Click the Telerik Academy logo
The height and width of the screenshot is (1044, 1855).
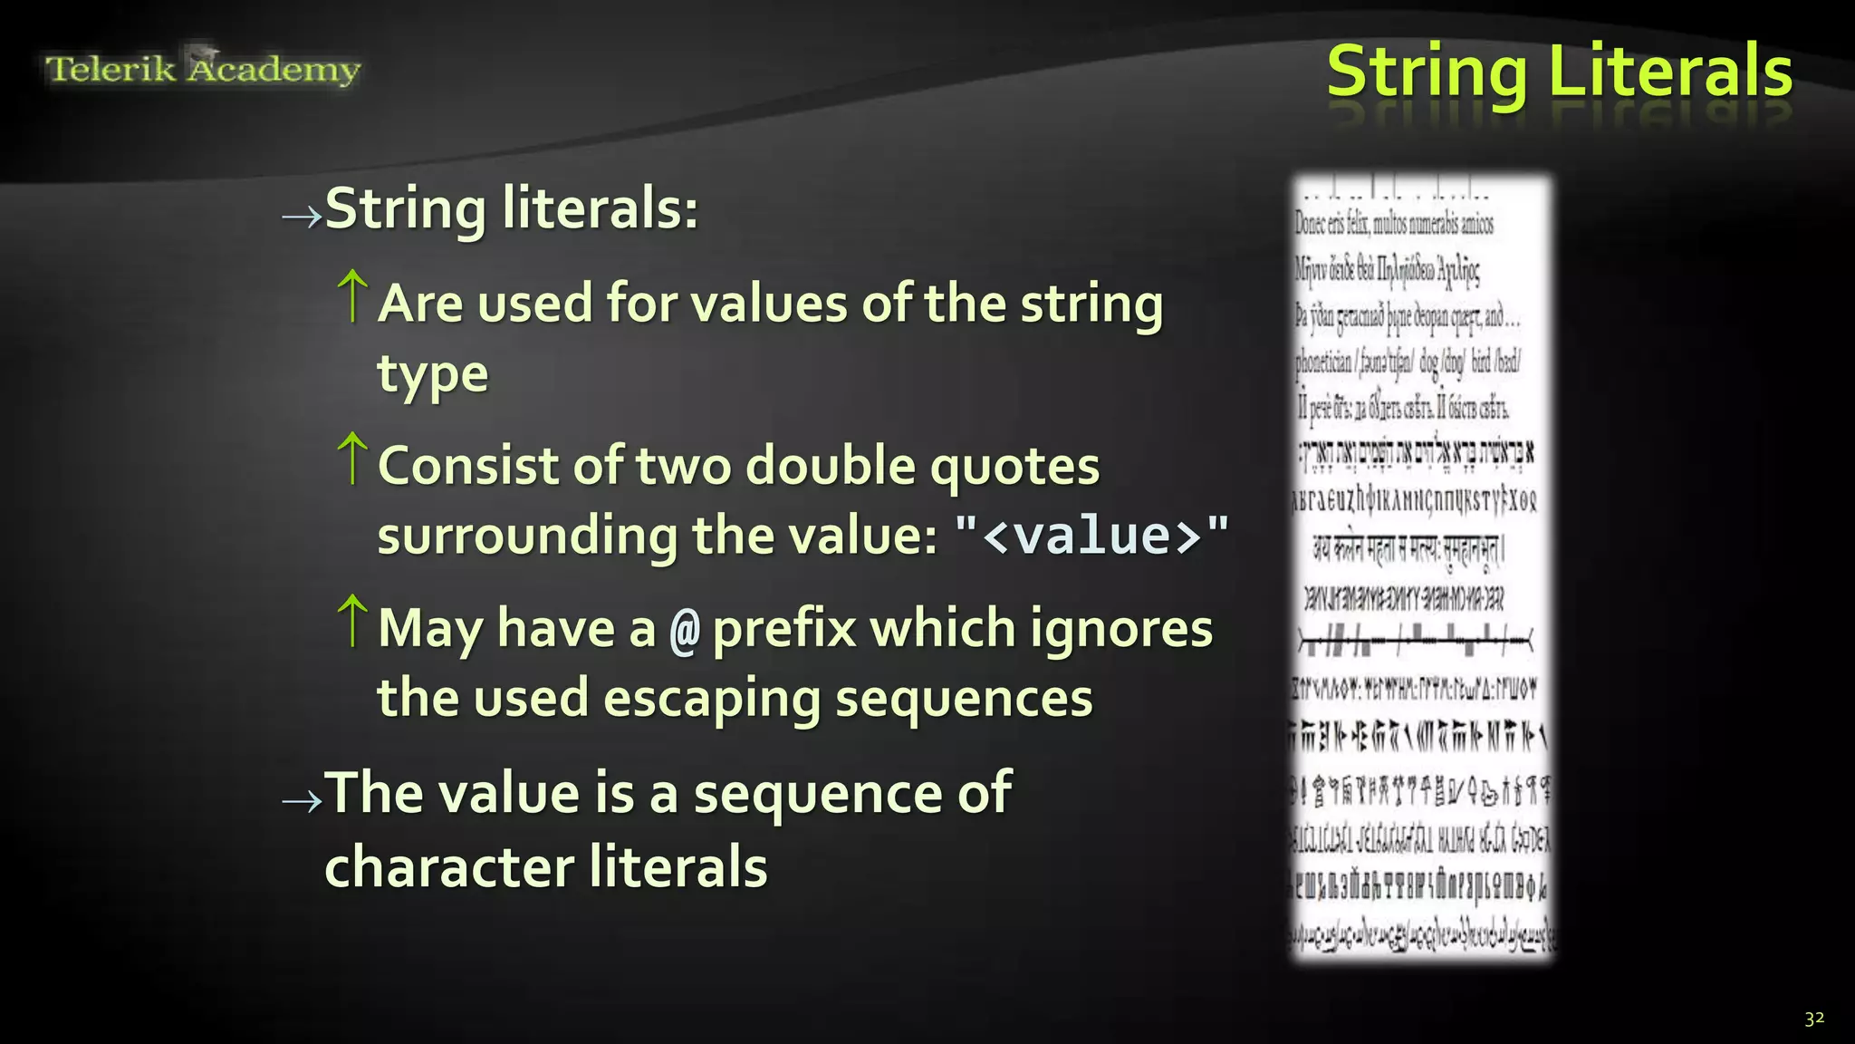[203, 69]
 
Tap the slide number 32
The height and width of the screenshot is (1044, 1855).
[1813, 1018]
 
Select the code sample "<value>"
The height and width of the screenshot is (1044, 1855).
[1092, 536]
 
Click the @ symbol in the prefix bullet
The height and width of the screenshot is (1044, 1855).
[685, 631]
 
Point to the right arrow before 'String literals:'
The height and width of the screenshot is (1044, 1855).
[301, 216]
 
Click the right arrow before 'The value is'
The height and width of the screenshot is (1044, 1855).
[301, 800]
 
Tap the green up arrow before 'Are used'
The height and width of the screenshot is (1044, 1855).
[352, 295]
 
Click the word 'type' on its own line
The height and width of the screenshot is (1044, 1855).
[432, 374]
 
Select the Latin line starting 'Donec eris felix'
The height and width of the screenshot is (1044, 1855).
[1394, 223]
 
